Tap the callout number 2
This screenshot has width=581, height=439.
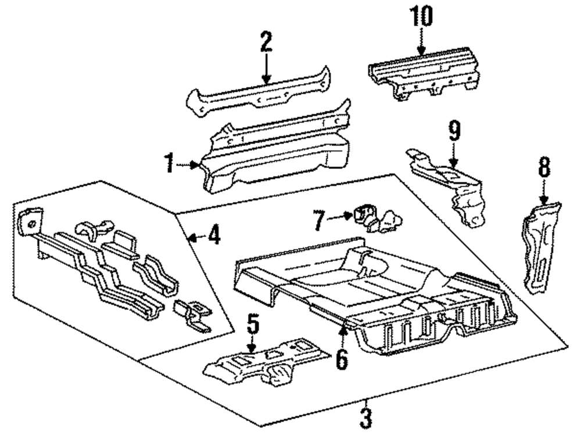click(x=266, y=43)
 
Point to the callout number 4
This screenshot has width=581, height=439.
click(x=213, y=236)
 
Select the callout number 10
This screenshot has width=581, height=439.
click(x=422, y=17)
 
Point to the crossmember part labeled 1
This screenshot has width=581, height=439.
click(x=273, y=157)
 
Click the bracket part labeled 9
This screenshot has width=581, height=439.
click(x=453, y=186)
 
